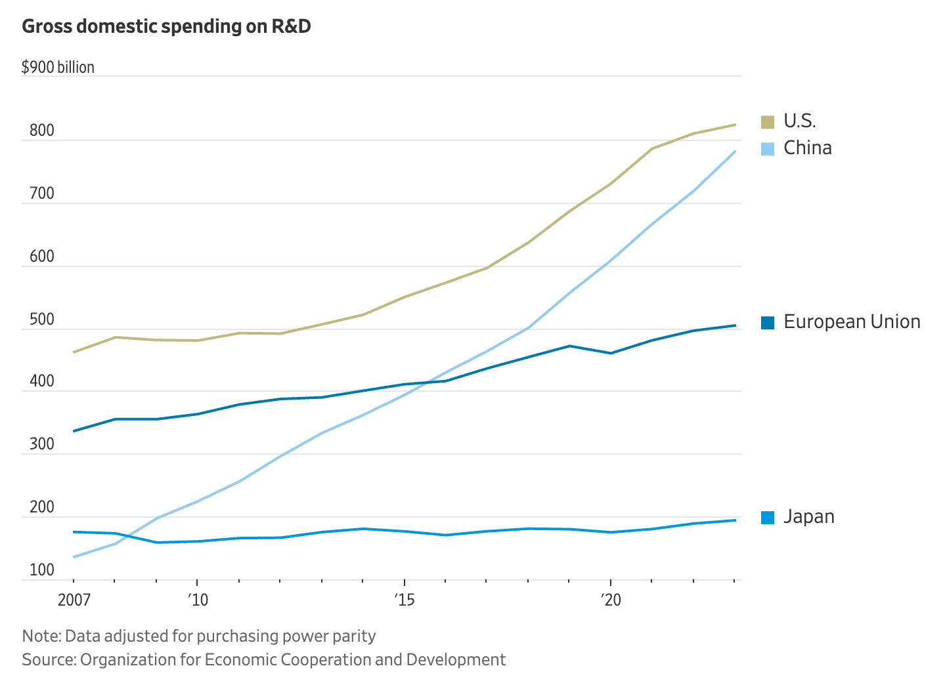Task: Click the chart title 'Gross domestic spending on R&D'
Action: coord(166,27)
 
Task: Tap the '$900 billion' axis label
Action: coord(58,68)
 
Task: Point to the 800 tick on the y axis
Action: coord(42,131)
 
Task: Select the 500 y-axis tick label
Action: coord(42,320)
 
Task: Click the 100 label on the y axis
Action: coord(42,570)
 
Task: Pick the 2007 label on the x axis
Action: coord(74,600)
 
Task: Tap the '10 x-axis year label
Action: coord(198,600)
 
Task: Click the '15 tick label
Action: coord(405,600)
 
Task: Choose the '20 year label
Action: coord(611,600)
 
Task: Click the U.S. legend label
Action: coord(800,121)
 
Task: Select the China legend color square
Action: coord(768,148)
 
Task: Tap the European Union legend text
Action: coord(852,322)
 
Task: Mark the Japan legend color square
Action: coord(768,517)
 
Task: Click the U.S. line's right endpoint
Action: coord(735,125)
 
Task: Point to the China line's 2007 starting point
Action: coord(74,557)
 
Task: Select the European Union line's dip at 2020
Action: coord(611,354)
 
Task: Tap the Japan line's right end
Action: coord(735,520)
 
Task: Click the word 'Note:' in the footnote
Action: coord(41,636)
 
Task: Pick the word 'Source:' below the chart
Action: coord(49,659)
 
